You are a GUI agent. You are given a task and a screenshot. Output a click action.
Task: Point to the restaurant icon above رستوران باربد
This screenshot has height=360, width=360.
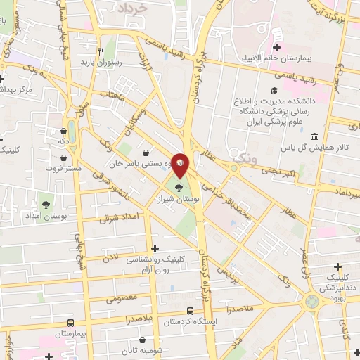101,51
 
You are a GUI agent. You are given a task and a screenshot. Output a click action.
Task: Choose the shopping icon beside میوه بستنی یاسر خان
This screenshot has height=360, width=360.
146,152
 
